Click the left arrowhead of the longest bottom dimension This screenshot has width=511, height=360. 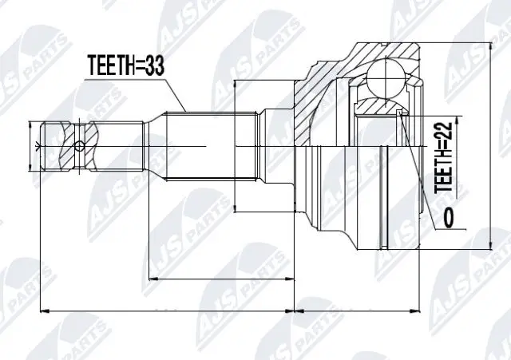click(x=44, y=310)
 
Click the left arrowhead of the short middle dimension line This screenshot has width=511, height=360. click(x=153, y=279)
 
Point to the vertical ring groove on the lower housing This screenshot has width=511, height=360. click(x=387, y=227)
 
